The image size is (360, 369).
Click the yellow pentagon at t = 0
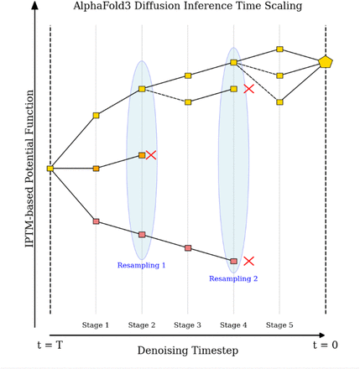pyautogui.click(x=326, y=62)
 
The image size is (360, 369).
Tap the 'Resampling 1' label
pyautogui.click(x=141, y=265)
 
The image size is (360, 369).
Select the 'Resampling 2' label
pyautogui.click(x=233, y=278)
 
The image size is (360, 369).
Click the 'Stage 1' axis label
pyautogui.click(x=96, y=325)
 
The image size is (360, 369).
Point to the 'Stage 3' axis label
pyautogui.click(x=187, y=325)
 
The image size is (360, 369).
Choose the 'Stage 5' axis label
pyautogui.click(x=279, y=325)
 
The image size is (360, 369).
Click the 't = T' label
pyautogui.click(x=50, y=345)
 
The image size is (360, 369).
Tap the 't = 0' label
pyautogui.click(x=326, y=345)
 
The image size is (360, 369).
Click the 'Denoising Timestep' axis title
pyautogui.click(x=188, y=351)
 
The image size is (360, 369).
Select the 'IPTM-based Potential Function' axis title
pyautogui.click(x=29, y=169)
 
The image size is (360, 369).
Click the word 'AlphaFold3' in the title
pyautogui.click(x=102, y=6)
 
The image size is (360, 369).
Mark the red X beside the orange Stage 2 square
pyautogui.click(x=151, y=155)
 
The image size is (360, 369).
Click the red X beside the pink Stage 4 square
pyautogui.click(x=248, y=261)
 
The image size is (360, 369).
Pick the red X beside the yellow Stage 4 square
pyautogui.click(x=248, y=89)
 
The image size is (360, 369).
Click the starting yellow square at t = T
pyautogui.click(x=50, y=169)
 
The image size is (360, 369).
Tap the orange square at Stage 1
pyautogui.click(x=96, y=169)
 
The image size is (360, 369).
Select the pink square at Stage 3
pyautogui.click(x=188, y=248)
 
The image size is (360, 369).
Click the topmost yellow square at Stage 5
pyautogui.click(x=279, y=49)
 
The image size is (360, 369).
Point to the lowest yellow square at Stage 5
pyautogui.click(x=279, y=102)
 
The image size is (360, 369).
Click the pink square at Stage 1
pyautogui.click(x=96, y=221)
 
